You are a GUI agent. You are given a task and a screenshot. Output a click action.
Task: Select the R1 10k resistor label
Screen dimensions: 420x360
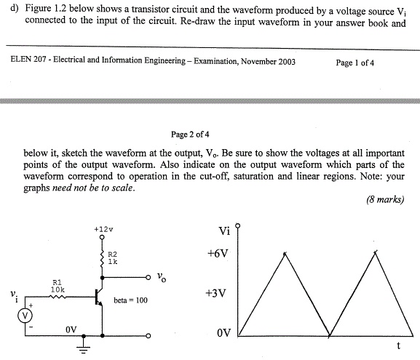pos(58,285)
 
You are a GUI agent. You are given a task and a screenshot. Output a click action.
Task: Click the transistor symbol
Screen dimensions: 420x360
pos(99,297)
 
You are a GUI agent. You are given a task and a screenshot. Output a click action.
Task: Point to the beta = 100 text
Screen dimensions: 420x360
pos(131,299)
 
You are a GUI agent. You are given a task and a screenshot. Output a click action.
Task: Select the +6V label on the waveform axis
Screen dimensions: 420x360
pos(218,254)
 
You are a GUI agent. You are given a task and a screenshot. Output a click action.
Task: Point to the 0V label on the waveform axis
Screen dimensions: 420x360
pos(223,333)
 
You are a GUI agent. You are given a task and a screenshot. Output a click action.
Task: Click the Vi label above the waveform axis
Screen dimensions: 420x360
pos(224,231)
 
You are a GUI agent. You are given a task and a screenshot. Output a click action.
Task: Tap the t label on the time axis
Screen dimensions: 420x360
pos(398,344)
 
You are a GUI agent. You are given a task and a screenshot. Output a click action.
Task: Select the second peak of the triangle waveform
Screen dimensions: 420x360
pos(375,252)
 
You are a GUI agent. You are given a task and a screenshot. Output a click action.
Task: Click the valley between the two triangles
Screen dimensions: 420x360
pos(330,336)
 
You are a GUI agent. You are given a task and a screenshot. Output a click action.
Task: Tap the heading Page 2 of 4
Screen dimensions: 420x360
pos(190,135)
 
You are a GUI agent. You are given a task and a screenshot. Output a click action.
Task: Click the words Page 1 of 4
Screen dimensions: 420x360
pos(355,63)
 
